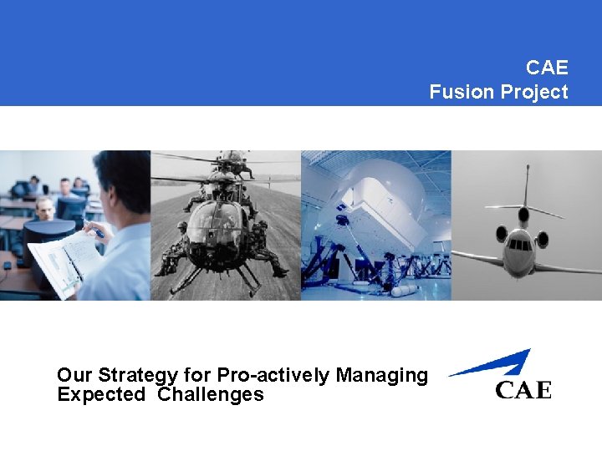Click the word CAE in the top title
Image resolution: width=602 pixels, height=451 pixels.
[547, 67]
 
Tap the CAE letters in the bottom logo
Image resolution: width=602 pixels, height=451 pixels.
[523, 390]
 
